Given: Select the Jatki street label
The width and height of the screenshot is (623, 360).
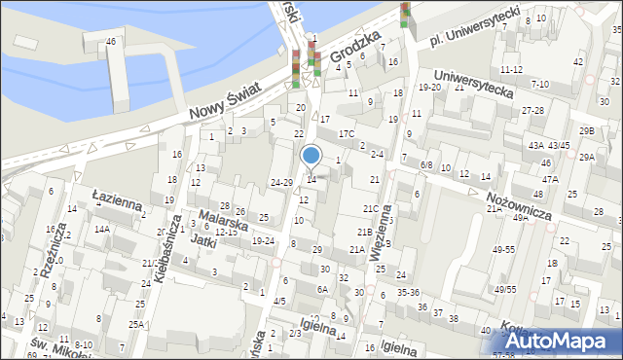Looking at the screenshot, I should (x=202, y=245).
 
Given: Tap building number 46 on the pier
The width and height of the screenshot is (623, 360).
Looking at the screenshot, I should (x=111, y=41).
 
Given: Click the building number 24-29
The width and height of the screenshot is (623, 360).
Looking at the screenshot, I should (x=281, y=182).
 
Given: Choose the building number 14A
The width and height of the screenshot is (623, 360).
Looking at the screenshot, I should (x=101, y=230).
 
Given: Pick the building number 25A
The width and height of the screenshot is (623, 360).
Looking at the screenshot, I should (x=137, y=324).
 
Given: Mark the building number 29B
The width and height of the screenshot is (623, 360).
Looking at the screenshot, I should (x=586, y=130).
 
